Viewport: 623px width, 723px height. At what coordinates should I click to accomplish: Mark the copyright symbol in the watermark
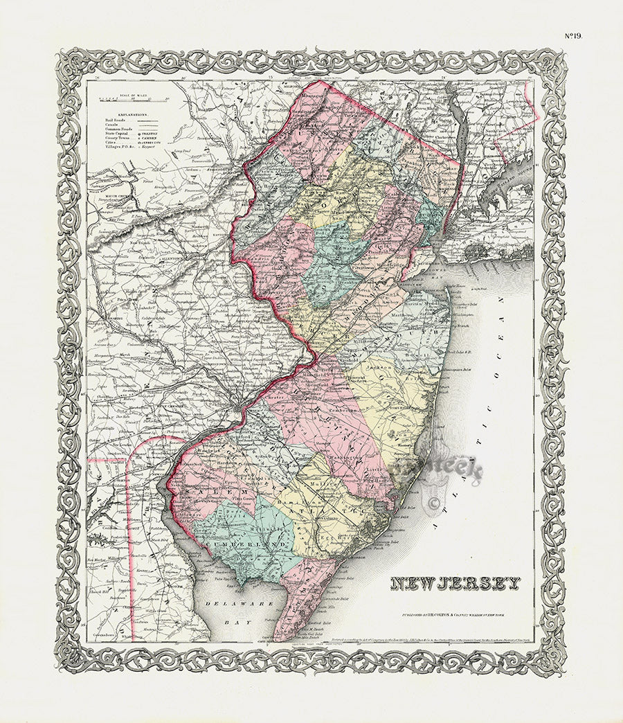pos(435,504)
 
